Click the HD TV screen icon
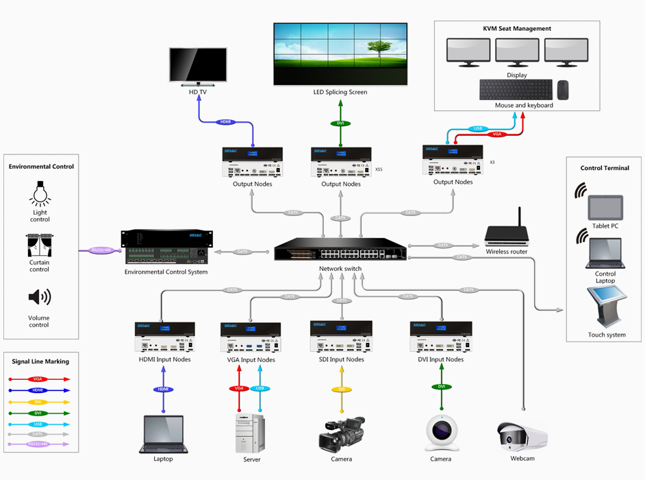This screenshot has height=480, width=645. pos(198,66)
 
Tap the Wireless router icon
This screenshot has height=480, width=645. pos(507,233)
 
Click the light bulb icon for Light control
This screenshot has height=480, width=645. pos(40,194)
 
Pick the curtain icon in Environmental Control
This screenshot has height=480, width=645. pos(40,245)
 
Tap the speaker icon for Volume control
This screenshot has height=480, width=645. pos(39,297)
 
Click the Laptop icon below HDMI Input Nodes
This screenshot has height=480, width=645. pos(163,434)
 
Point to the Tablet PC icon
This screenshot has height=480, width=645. pos(605,208)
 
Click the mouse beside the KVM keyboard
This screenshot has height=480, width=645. pos(563,90)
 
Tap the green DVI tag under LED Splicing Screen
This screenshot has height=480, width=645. pos(340,123)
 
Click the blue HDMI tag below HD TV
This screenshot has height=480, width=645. pos(226,122)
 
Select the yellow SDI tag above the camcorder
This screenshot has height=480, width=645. pos(341,389)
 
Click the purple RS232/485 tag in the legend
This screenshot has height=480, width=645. pos(38,444)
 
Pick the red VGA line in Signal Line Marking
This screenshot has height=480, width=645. pos(38,379)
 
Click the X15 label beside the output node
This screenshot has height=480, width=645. pos(379,168)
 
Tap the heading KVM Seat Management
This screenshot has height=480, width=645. pos(517,29)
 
